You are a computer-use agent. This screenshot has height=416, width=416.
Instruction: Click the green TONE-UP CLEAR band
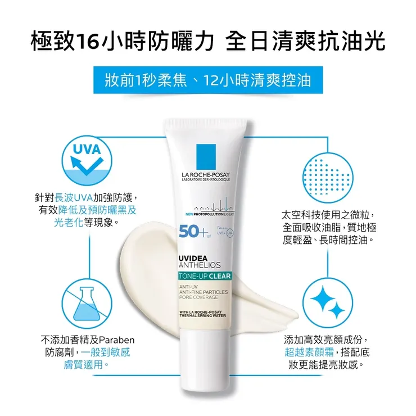(204, 276)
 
